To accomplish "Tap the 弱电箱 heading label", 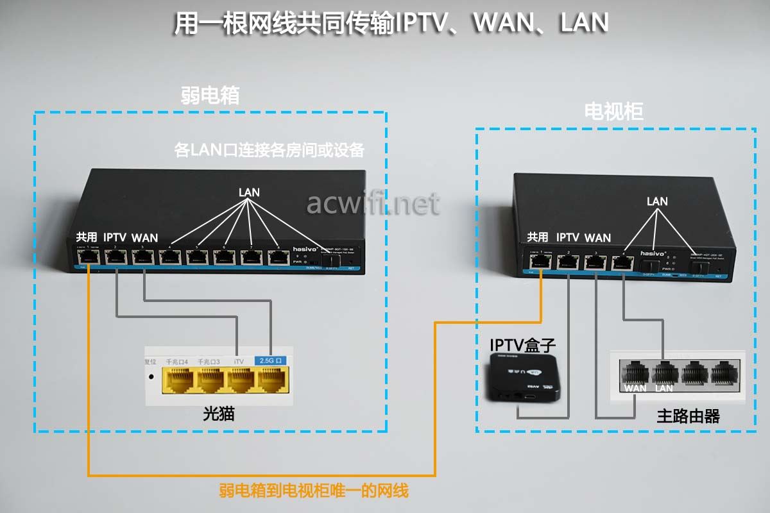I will (210, 96).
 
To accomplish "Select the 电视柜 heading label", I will (613, 112).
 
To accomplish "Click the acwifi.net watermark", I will (373, 204).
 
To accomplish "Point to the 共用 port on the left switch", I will (87, 258).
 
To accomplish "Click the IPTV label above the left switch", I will (116, 237).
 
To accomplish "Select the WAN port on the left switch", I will (142, 258).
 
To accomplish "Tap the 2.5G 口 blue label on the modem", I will (273, 361).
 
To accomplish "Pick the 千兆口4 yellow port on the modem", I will (177, 382).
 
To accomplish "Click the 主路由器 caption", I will (688, 416).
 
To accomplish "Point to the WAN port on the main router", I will (635, 373).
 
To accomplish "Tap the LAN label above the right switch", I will (657, 201).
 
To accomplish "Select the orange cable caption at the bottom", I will (313, 492).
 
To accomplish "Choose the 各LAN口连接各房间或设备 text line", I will (269, 151).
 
